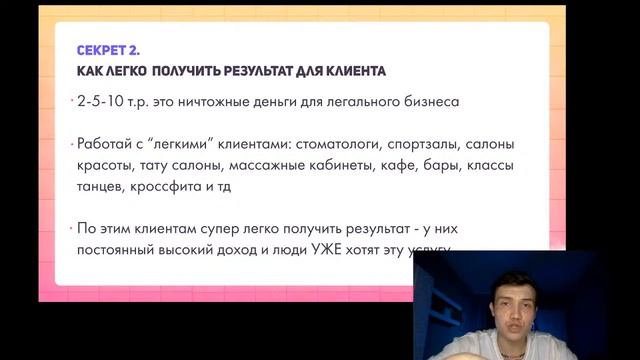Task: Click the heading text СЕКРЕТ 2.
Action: click(x=109, y=50)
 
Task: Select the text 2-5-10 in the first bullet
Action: click(x=98, y=102)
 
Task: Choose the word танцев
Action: click(x=100, y=186)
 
